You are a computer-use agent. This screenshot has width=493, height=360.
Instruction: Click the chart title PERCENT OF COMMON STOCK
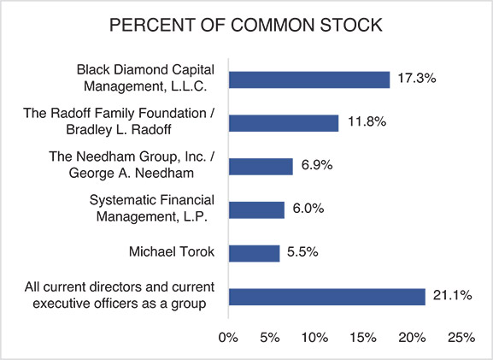[x=246, y=27]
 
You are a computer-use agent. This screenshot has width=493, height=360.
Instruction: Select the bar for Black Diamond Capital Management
[x=309, y=80]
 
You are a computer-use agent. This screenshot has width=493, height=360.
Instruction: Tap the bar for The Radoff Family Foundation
[x=284, y=123]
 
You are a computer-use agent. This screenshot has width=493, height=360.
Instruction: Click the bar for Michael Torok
[x=255, y=253]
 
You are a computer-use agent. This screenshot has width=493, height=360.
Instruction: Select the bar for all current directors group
[x=326, y=297]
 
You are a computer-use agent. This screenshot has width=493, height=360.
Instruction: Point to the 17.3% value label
[x=417, y=80]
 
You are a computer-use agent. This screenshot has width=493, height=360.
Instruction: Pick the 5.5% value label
[x=305, y=253]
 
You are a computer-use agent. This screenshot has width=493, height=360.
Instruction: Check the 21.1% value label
[x=451, y=297]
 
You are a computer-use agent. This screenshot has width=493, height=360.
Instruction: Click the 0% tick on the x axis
[x=228, y=338]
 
